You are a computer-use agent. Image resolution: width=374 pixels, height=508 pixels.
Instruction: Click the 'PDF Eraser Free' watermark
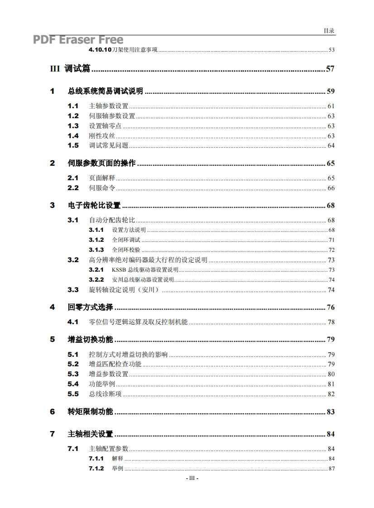point(78,40)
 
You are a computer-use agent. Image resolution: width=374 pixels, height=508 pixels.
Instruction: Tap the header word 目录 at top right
point(329,31)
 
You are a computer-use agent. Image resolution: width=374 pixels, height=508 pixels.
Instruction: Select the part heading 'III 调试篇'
point(70,69)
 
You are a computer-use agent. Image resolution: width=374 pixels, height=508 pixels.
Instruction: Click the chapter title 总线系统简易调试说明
point(105,91)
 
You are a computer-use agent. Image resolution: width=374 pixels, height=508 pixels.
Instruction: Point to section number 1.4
point(73,136)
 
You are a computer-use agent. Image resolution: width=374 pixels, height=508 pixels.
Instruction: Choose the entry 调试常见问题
point(109,145)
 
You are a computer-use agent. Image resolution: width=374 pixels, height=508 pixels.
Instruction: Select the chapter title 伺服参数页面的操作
point(102,163)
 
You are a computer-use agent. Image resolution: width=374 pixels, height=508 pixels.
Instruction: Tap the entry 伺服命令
point(102,188)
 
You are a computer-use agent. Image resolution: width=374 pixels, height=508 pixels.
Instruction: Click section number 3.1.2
point(96,240)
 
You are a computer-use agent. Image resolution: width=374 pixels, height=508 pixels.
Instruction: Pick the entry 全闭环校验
point(126,250)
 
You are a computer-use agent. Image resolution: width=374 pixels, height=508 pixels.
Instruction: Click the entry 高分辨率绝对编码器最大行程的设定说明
point(148,260)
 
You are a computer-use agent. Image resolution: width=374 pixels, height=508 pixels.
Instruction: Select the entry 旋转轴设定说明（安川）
point(124,290)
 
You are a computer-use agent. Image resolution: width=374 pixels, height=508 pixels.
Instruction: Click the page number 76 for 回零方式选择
point(331,307)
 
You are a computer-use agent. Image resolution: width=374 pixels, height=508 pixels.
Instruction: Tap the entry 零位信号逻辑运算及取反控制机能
point(138,322)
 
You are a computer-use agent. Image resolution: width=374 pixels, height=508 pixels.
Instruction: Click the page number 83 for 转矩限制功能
point(331,412)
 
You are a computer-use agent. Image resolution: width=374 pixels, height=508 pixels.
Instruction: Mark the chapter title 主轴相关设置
point(91,434)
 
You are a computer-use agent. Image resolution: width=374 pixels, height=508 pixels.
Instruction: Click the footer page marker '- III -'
point(192,478)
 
